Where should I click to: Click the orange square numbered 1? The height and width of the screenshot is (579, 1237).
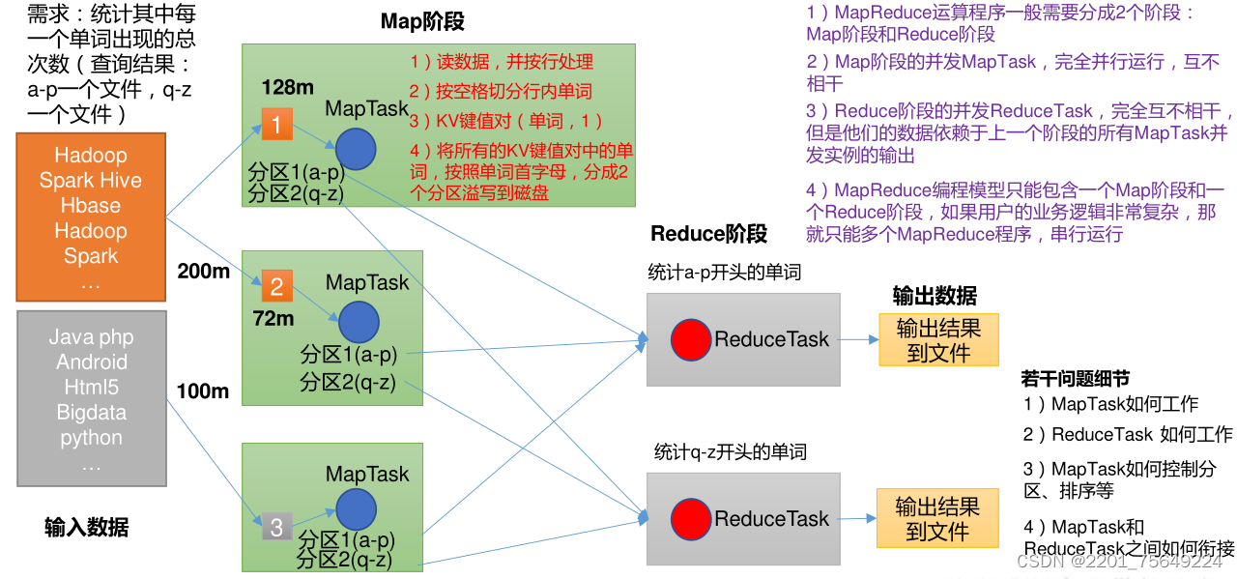click(x=276, y=125)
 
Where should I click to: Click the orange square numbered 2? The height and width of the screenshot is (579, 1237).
click(x=276, y=286)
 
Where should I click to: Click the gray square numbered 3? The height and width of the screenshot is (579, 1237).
click(x=276, y=526)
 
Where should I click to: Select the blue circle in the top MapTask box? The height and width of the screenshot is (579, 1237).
click(x=357, y=148)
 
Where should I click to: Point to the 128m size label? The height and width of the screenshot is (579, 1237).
click(x=287, y=88)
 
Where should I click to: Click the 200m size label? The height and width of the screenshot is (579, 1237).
click(x=203, y=272)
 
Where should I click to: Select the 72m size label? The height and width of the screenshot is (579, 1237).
click(x=273, y=318)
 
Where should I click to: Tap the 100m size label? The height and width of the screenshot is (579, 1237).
click(x=203, y=391)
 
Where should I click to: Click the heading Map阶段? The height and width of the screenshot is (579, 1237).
click(x=422, y=21)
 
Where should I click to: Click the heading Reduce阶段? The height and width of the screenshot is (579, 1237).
click(x=708, y=234)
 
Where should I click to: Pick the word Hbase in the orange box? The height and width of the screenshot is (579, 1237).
click(x=91, y=206)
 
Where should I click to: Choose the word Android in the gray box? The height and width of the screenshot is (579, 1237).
click(x=92, y=362)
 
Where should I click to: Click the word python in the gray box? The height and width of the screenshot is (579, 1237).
click(x=92, y=438)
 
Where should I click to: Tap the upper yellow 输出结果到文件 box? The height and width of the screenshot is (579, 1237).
click(x=938, y=340)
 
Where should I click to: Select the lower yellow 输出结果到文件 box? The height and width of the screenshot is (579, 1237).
click(x=936, y=519)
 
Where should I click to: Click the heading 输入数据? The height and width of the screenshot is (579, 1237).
click(x=86, y=528)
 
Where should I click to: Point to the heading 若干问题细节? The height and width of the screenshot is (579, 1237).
click(x=1075, y=379)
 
